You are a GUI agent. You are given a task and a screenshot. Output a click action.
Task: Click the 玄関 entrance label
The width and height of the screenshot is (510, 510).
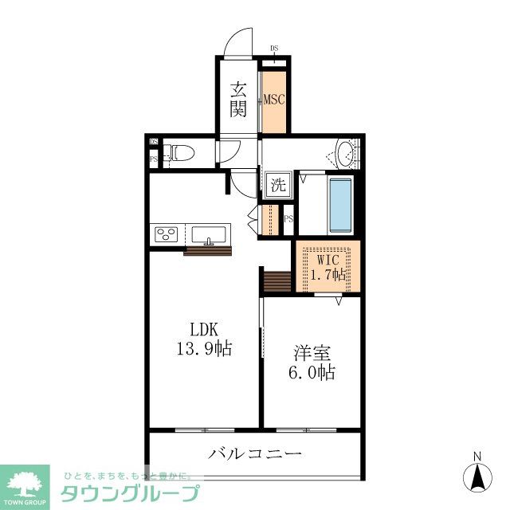[x=238, y=100]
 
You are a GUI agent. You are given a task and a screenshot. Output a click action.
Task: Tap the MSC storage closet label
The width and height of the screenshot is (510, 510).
[x=275, y=100]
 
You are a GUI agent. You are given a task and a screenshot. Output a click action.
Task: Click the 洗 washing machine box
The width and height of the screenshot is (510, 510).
[x=277, y=186]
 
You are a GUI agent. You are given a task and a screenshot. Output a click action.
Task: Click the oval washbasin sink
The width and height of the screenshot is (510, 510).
[x=346, y=152]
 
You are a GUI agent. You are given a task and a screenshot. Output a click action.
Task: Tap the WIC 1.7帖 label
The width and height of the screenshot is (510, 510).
[x=328, y=268]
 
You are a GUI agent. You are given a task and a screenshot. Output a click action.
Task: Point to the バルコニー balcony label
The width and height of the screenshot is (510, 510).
[x=256, y=455]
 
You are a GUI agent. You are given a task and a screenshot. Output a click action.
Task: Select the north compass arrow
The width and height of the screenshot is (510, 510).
[x=477, y=477]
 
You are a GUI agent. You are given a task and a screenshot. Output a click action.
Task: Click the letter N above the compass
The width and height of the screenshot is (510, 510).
[x=477, y=457]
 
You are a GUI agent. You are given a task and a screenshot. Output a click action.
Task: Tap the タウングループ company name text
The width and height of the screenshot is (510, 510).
[x=127, y=493]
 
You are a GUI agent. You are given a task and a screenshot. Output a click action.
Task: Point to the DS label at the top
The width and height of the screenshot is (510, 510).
[x=275, y=49]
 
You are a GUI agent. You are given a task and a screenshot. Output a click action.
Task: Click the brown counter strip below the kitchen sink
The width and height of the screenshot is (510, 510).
[x=207, y=252]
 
